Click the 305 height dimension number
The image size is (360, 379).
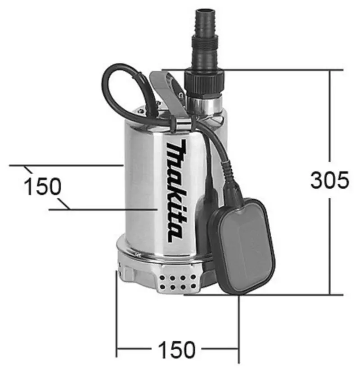(329, 180)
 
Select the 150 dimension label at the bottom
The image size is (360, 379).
(176, 349)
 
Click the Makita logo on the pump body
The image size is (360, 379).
(175, 191)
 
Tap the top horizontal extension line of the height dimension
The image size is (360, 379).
(279, 70)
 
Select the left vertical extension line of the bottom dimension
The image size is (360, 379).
(117, 315)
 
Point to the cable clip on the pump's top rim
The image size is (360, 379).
(182, 122)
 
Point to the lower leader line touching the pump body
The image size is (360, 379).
(112, 210)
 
